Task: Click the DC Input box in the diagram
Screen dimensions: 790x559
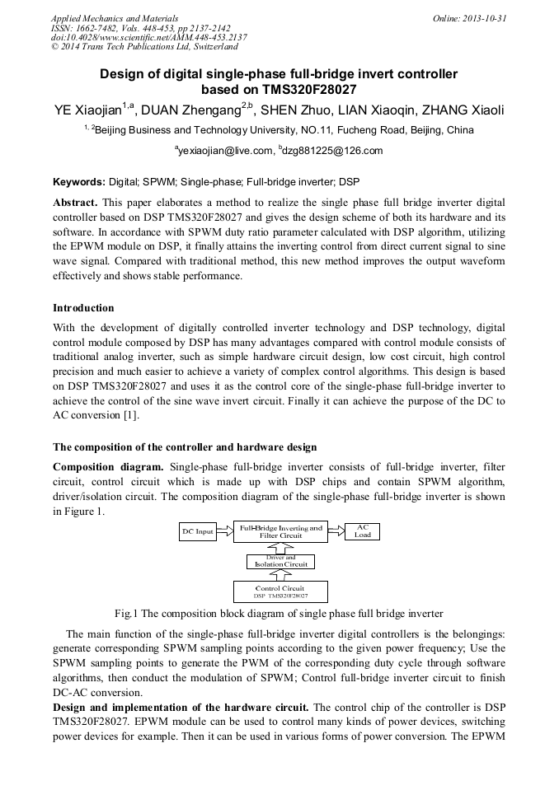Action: click(198, 532)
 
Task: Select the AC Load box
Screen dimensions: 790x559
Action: click(362, 531)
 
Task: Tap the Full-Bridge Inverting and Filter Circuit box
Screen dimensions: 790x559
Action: click(280, 531)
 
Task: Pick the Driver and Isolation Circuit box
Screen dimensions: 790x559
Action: click(280, 562)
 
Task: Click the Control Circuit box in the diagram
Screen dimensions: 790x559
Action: click(280, 591)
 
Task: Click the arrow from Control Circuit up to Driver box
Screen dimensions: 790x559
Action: click(280, 576)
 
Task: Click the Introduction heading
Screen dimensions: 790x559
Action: click(83, 308)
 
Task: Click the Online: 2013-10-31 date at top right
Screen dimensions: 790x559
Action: click(468, 18)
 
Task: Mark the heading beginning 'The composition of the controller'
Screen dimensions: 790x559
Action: click(185, 447)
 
